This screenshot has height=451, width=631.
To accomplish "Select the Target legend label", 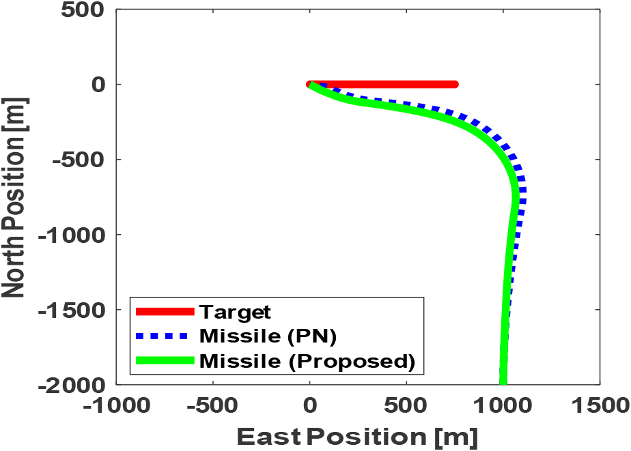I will point(236,312).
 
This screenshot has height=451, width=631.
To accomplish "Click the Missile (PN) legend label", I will point(268,336).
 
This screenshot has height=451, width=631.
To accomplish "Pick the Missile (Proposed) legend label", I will point(307,361).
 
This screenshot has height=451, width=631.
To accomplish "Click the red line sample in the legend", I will point(165,312).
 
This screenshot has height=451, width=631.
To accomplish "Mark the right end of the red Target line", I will point(455,85).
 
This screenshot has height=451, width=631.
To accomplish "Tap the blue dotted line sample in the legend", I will point(165,336).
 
